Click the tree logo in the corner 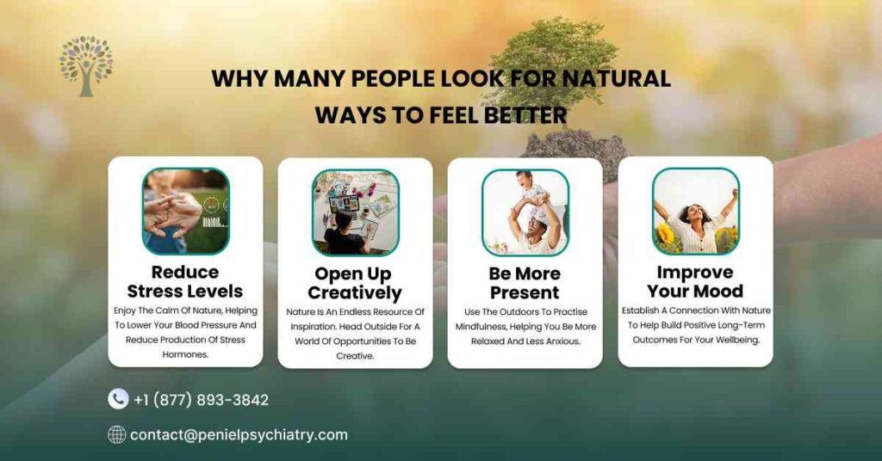[x=86, y=65]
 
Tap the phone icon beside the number [x=118, y=399]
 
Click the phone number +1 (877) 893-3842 [x=201, y=400]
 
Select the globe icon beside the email [x=117, y=434]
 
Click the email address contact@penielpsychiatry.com [x=239, y=434]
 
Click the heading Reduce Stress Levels [x=185, y=281]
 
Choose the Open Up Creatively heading [x=355, y=283]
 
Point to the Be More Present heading [x=525, y=282]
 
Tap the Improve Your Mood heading [x=695, y=281]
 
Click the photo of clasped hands [x=185, y=211]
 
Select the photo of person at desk [x=355, y=212]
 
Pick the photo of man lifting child [x=525, y=212]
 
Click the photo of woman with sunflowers [x=695, y=211]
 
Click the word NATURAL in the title [x=616, y=78]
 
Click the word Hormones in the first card [x=185, y=354]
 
